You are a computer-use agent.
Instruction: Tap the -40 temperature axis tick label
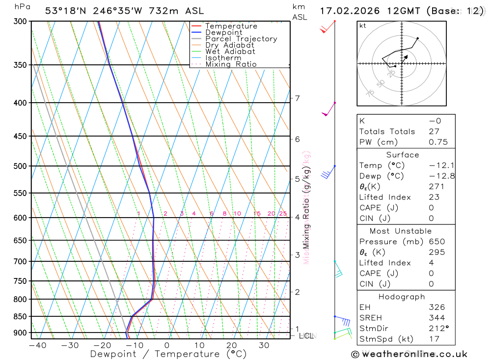click(37, 345)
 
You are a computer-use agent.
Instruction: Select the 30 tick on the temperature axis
click(264, 345)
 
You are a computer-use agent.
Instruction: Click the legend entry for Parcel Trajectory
click(241, 39)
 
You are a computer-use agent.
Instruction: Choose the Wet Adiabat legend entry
click(230, 52)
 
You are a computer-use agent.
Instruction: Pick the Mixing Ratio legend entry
click(231, 64)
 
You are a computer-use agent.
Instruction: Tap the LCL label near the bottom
click(306, 336)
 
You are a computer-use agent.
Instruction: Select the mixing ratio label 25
click(283, 214)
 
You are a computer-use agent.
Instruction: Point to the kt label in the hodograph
click(362, 26)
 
